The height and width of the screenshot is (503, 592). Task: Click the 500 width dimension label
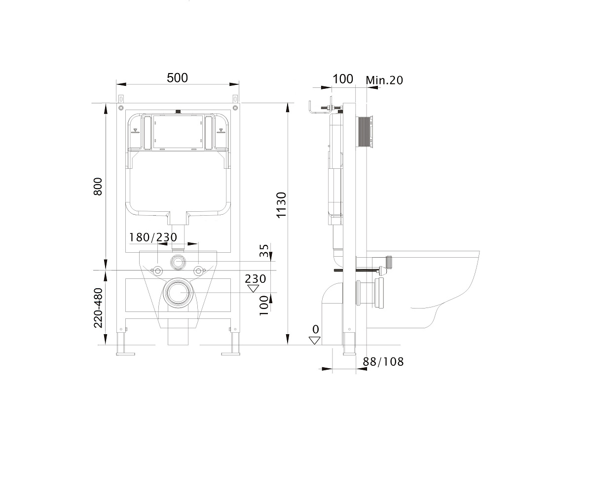pos(177,77)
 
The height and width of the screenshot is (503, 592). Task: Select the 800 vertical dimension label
pos(98,187)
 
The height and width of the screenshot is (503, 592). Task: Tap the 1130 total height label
pos(282,205)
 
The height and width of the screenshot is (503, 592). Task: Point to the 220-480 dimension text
pos(98,308)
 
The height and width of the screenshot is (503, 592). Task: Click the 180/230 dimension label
pos(153,237)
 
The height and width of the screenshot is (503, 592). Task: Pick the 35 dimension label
pos(264,250)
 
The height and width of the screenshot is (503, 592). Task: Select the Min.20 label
pos(384,80)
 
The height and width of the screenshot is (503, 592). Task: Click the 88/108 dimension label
pos(383,362)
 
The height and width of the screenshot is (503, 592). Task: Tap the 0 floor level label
pos(316,329)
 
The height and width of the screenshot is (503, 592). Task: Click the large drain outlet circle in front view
pos(178,293)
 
